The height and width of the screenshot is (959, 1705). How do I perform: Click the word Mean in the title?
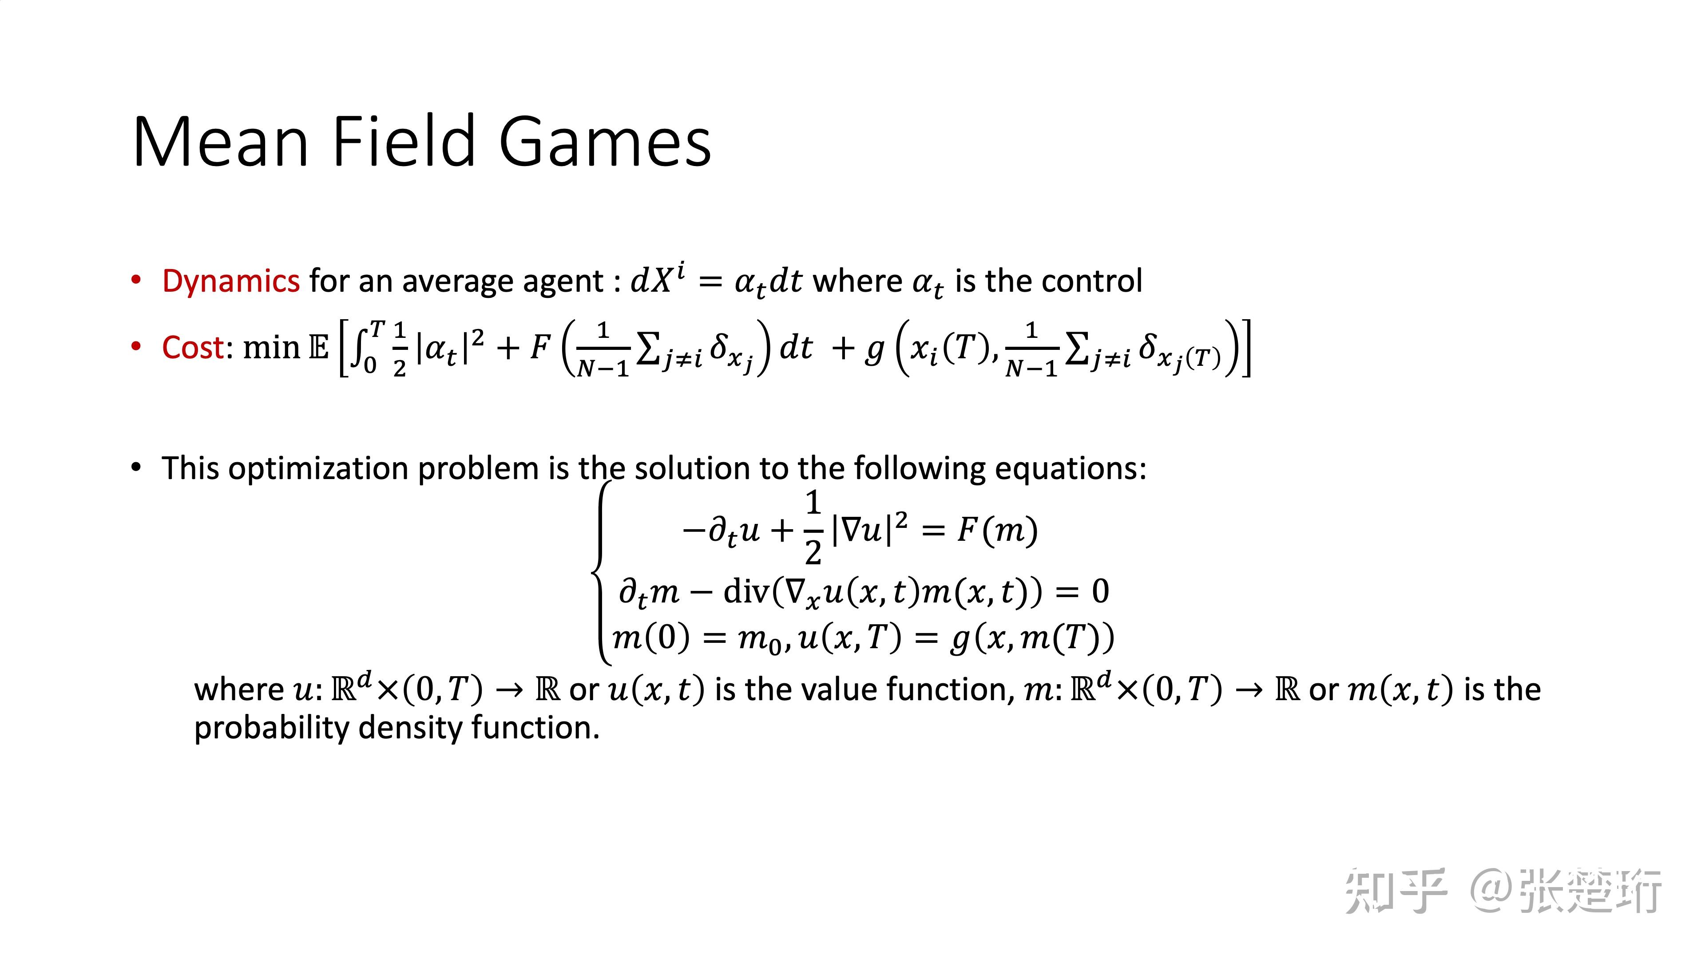[221, 142]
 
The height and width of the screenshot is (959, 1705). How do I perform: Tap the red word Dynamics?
[231, 281]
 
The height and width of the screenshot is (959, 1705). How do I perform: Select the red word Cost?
[193, 348]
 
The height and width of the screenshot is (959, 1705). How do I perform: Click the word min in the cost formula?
[271, 348]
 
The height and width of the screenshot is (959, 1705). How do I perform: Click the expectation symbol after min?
[318, 348]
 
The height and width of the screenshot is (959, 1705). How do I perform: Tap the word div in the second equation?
[745, 591]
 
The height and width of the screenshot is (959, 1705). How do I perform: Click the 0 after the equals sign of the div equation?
[1100, 591]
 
